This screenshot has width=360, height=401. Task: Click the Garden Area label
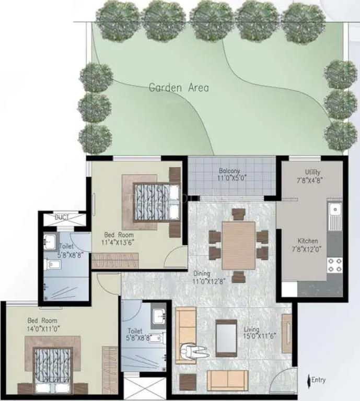click(x=179, y=87)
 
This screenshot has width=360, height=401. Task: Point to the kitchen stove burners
click(x=334, y=265)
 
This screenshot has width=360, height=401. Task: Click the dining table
click(x=238, y=245)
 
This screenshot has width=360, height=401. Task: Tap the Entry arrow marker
click(x=310, y=380)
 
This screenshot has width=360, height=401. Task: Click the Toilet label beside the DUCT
click(x=66, y=245)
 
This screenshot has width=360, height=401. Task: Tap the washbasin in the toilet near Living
click(x=159, y=316)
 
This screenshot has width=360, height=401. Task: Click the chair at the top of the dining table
click(x=238, y=214)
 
